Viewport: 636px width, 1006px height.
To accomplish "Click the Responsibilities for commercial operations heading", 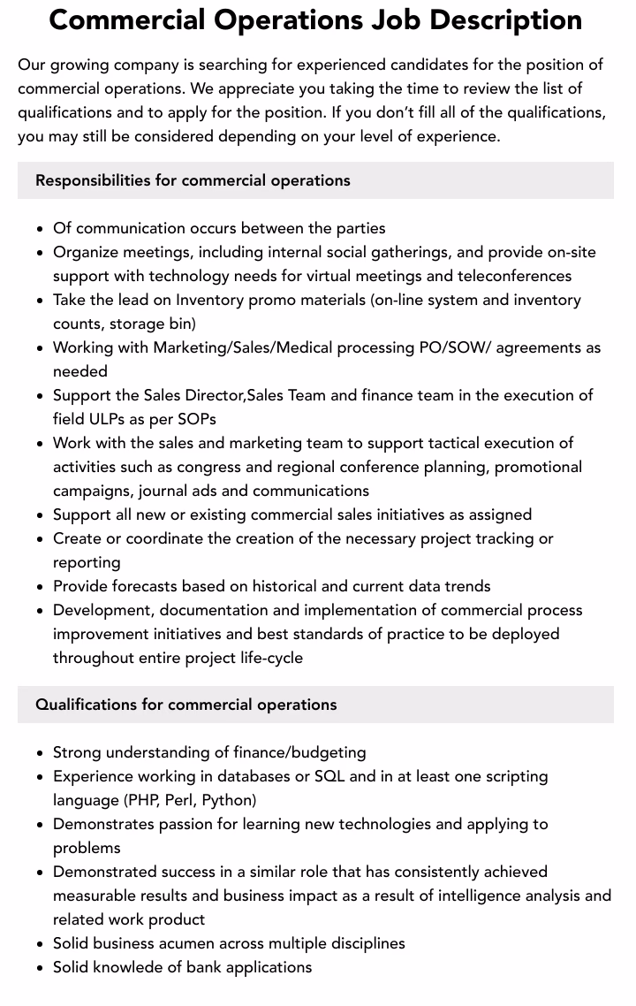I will point(193,180).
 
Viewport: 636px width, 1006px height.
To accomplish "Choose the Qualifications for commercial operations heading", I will point(185,705).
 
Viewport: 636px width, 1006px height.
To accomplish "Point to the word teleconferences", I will point(514,276).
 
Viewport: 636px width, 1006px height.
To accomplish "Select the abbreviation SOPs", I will point(196,419).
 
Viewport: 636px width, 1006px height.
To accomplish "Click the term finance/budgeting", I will point(299,752).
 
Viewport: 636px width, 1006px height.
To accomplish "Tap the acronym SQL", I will point(329,776).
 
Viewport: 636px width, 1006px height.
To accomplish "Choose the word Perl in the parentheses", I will point(179,800).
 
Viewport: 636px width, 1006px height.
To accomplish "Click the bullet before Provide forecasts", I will point(41,587).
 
